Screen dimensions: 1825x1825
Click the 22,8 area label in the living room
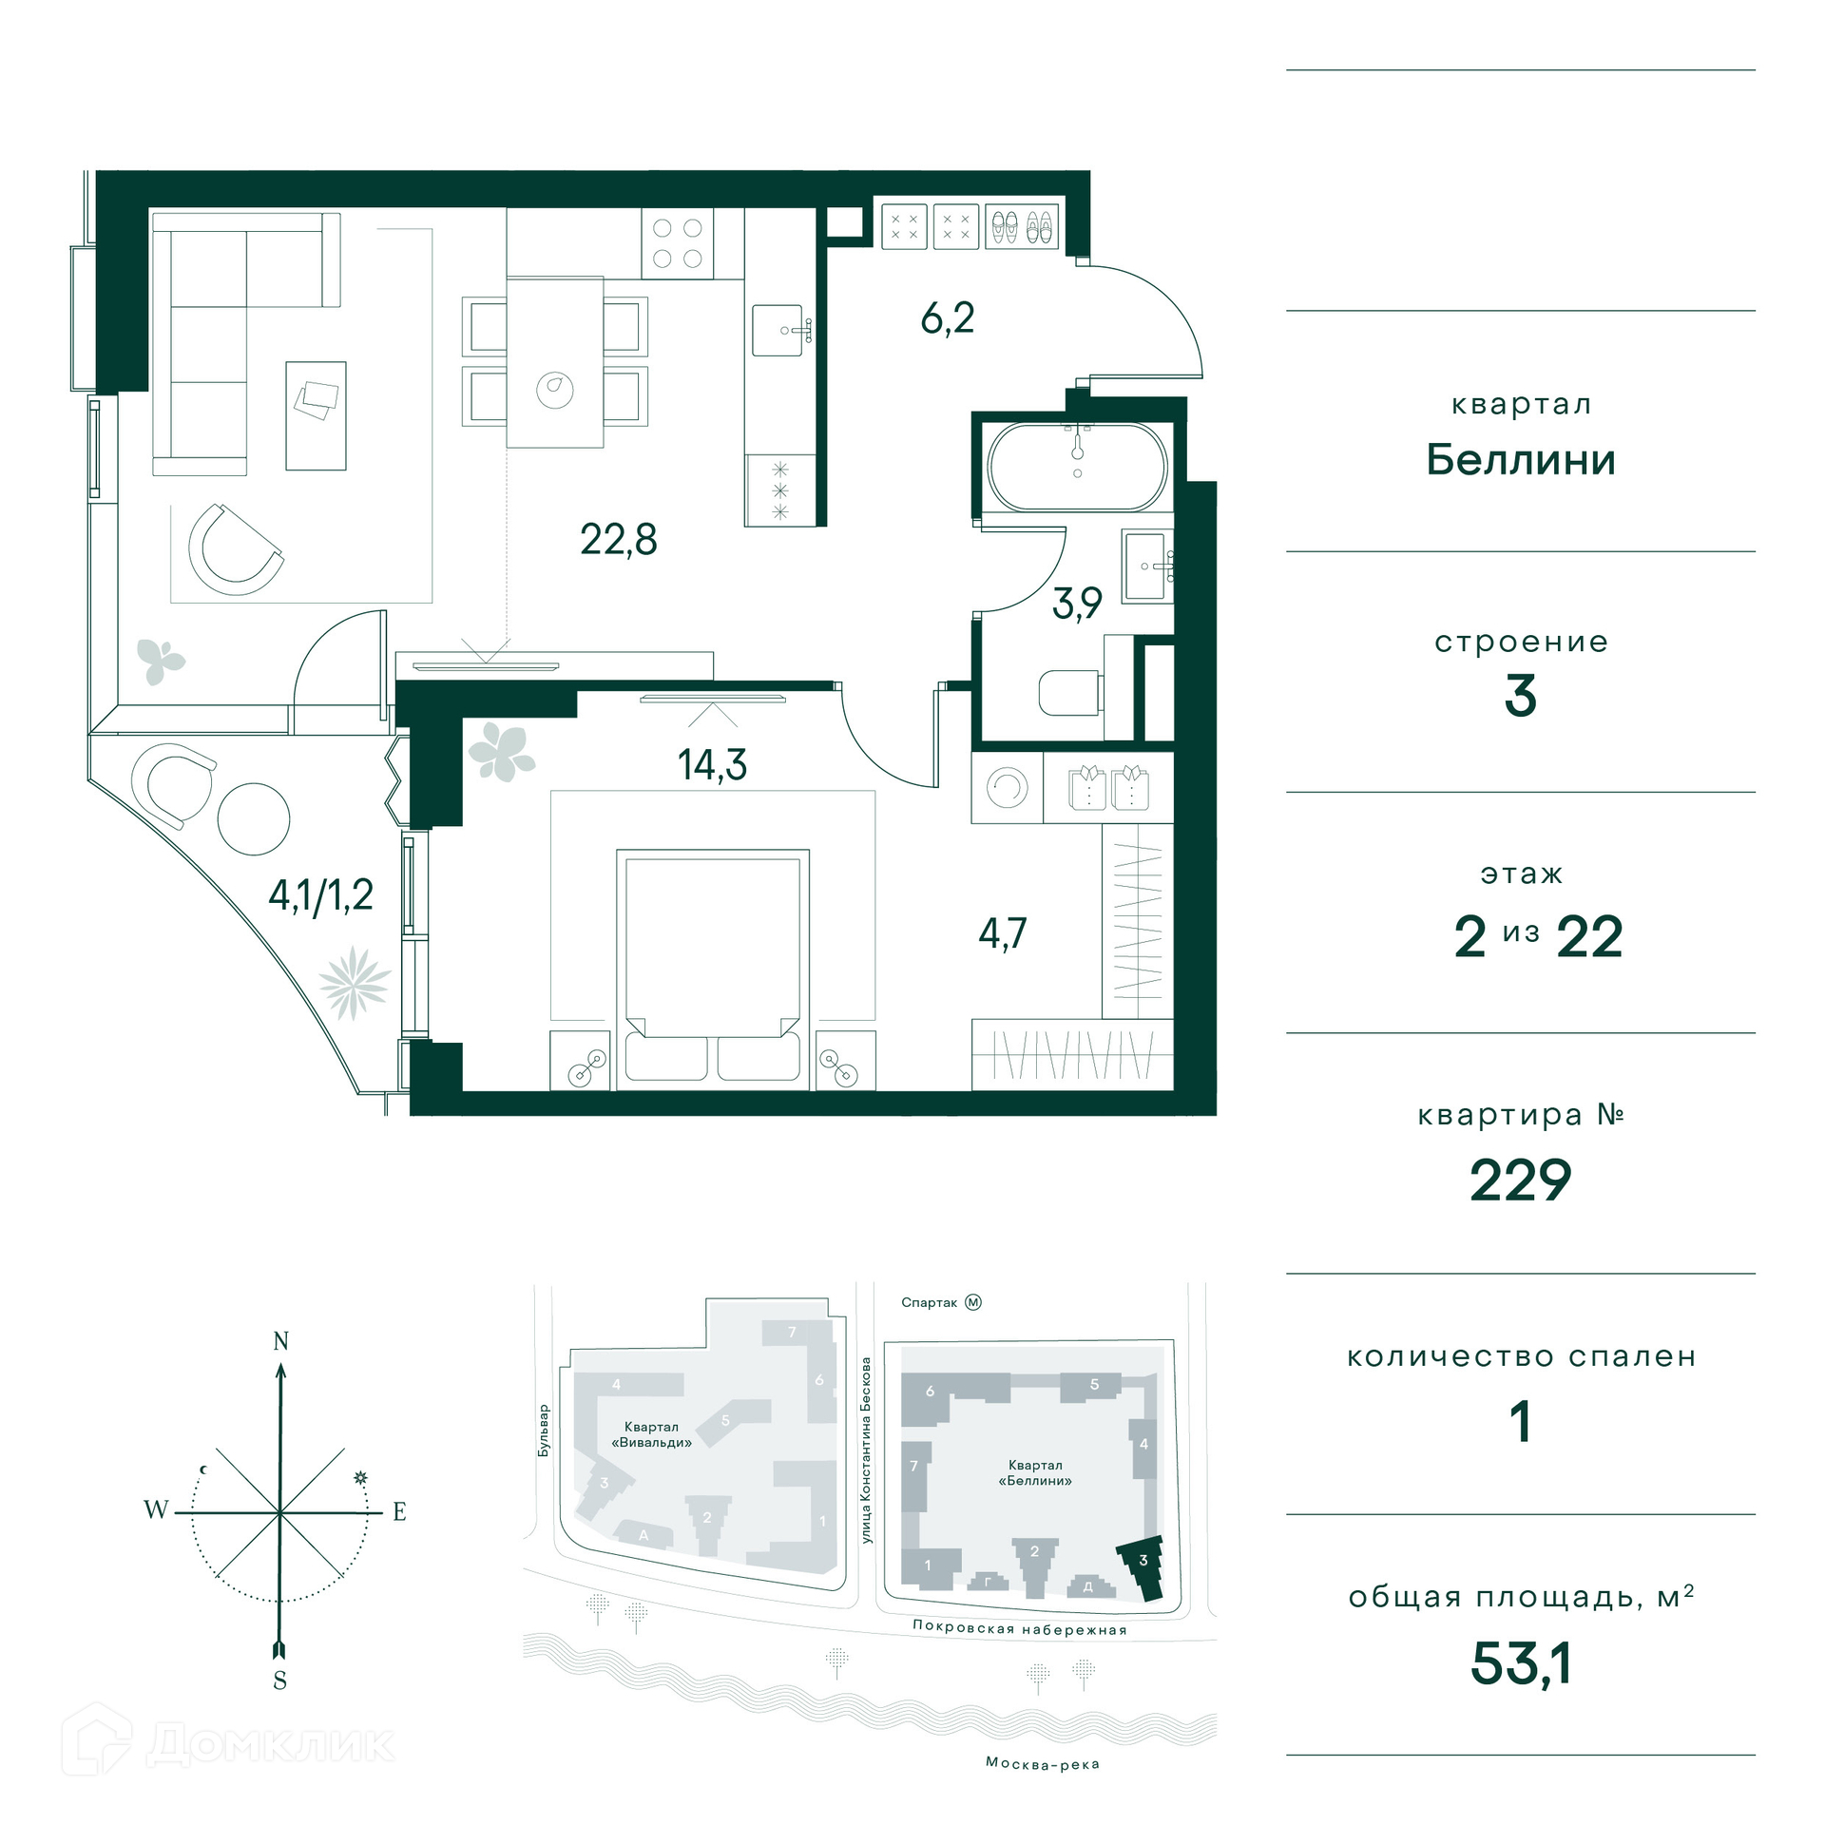(x=619, y=540)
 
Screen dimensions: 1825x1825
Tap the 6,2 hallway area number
(x=948, y=317)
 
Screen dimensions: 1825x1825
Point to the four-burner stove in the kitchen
(x=678, y=243)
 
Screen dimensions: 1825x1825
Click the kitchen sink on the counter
(x=779, y=330)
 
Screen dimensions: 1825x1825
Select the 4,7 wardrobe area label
(x=1003, y=933)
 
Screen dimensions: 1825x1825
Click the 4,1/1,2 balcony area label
(x=321, y=895)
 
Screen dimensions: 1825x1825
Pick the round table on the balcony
(x=254, y=818)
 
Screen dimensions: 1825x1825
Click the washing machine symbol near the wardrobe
(x=1007, y=787)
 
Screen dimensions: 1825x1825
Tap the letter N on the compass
(x=280, y=1341)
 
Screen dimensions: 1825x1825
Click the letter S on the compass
(x=279, y=1680)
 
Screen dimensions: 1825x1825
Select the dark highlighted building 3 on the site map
(x=1143, y=1566)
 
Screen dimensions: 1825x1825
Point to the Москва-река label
(x=1043, y=1763)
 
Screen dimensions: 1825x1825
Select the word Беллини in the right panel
(x=1521, y=460)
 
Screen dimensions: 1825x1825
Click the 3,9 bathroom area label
(x=1077, y=603)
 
